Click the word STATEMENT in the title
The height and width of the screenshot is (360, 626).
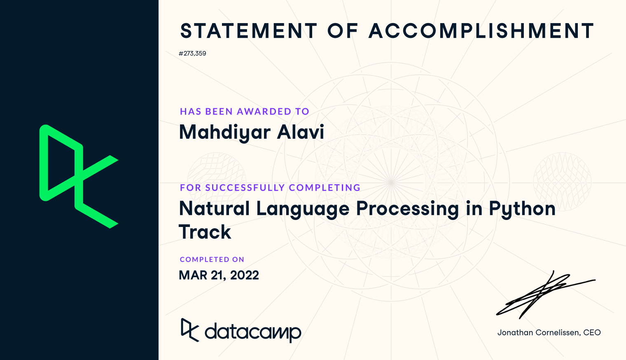click(x=249, y=31)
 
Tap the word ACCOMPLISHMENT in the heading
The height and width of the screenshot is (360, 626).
click(x=481, y=31)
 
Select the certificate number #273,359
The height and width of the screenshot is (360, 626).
click(x=192, y=54)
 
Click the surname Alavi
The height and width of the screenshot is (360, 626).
click(x=300, y=132)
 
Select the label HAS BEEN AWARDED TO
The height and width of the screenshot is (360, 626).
click(x=244, y=112)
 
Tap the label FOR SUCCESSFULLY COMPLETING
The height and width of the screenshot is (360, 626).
click(x=270, y=187)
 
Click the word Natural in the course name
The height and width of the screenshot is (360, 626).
click(x=214, y=208)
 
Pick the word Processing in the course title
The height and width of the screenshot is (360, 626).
click(x=407, y=209)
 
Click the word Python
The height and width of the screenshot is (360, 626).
click(x=522, y=209)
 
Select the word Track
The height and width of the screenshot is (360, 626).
click(x=205, y=232)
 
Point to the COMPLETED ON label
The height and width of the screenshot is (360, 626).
click(x=212, y=259)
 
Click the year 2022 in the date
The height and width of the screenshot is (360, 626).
click(x=245, y=275)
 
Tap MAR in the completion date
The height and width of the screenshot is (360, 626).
click(x=193, y=275)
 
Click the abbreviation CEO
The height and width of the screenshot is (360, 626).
click(x=592, y=333)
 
